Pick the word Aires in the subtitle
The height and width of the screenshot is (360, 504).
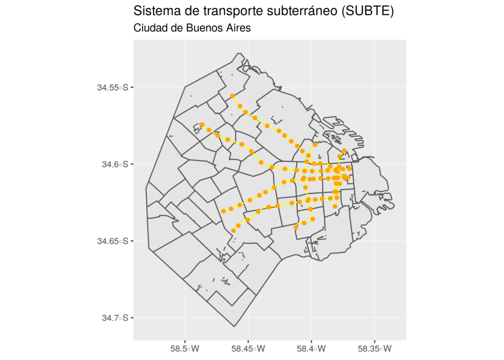pos(237,28)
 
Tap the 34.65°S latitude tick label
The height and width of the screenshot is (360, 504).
pos(113,241)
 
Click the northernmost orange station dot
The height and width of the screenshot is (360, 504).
pos(232,96)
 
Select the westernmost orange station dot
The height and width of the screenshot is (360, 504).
pos(202,125)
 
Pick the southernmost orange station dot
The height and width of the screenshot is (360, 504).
pos(233,230)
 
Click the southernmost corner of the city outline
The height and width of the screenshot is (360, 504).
pos(235,326)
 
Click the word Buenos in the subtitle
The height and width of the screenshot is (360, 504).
pos(202,28)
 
